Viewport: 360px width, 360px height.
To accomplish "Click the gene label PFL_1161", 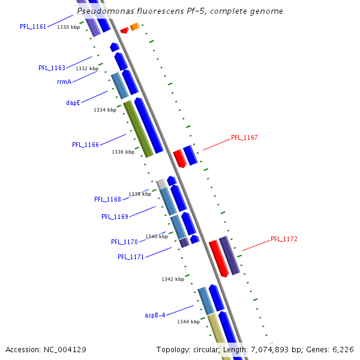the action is click(x=33, y=26).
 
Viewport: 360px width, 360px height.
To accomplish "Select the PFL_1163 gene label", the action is click(x=52, y=68).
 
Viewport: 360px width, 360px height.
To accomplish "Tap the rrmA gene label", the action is click(x=64, y=82).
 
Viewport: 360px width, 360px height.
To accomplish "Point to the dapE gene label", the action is click(x=73, y=103).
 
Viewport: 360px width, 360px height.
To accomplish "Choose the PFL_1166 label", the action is click(x=85, y=145).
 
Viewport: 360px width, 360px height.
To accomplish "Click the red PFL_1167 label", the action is click(x=244, y=137).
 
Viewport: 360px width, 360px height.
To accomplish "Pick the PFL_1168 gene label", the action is click(x=107, y=199).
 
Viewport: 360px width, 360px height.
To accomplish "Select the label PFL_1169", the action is click(x=115, y=217).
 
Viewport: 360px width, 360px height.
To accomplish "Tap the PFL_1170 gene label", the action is click(x=124, y=242).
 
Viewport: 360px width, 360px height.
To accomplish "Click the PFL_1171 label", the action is click(x=131, y=257).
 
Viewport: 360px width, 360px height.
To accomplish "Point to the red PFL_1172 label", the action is click(x=284, y=239).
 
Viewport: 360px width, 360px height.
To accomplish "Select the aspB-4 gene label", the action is click(x=155, y=315).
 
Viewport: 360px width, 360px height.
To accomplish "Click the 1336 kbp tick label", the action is click(x=122, y=152).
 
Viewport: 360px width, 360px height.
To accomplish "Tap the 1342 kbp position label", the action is click(x=172, y=279).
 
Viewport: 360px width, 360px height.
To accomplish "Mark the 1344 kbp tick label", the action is click(x=188, y=322).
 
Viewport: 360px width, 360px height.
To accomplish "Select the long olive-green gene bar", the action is click(x=139, y=129).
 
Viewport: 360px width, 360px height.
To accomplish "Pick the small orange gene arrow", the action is click(x=135, y=26).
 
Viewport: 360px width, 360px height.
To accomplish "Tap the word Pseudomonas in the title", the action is click(x=106, y=11).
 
